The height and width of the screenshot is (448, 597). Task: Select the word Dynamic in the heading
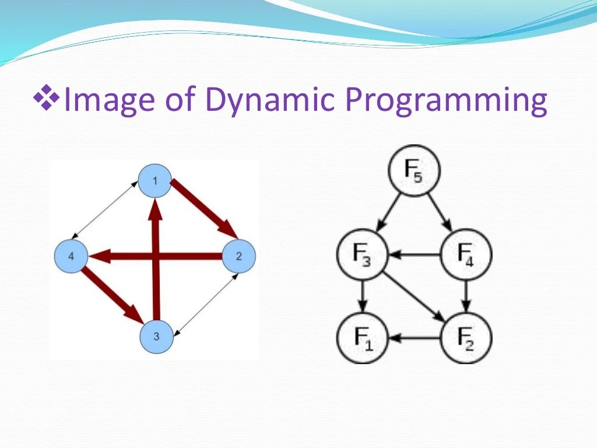point(269,99)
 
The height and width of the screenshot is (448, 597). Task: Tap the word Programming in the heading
point(446,99)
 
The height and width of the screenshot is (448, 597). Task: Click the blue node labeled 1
point(154,181)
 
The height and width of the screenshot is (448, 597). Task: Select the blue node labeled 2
point(239,256)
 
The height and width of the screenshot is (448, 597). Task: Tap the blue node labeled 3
point(156,337)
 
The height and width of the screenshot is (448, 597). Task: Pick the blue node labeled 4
point(71,256)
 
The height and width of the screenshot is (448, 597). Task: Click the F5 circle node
point(414,171)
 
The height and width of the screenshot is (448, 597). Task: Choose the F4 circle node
point(466,255)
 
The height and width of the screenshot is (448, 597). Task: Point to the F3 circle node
point(363,255)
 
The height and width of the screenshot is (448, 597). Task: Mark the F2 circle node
point(466,338)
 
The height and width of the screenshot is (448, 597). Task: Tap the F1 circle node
point(363,338)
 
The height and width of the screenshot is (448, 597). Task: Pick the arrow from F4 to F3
point(414,255)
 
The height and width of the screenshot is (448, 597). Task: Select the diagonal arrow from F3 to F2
point(414,296)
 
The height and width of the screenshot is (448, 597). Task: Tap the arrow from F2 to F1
point(414,338)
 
